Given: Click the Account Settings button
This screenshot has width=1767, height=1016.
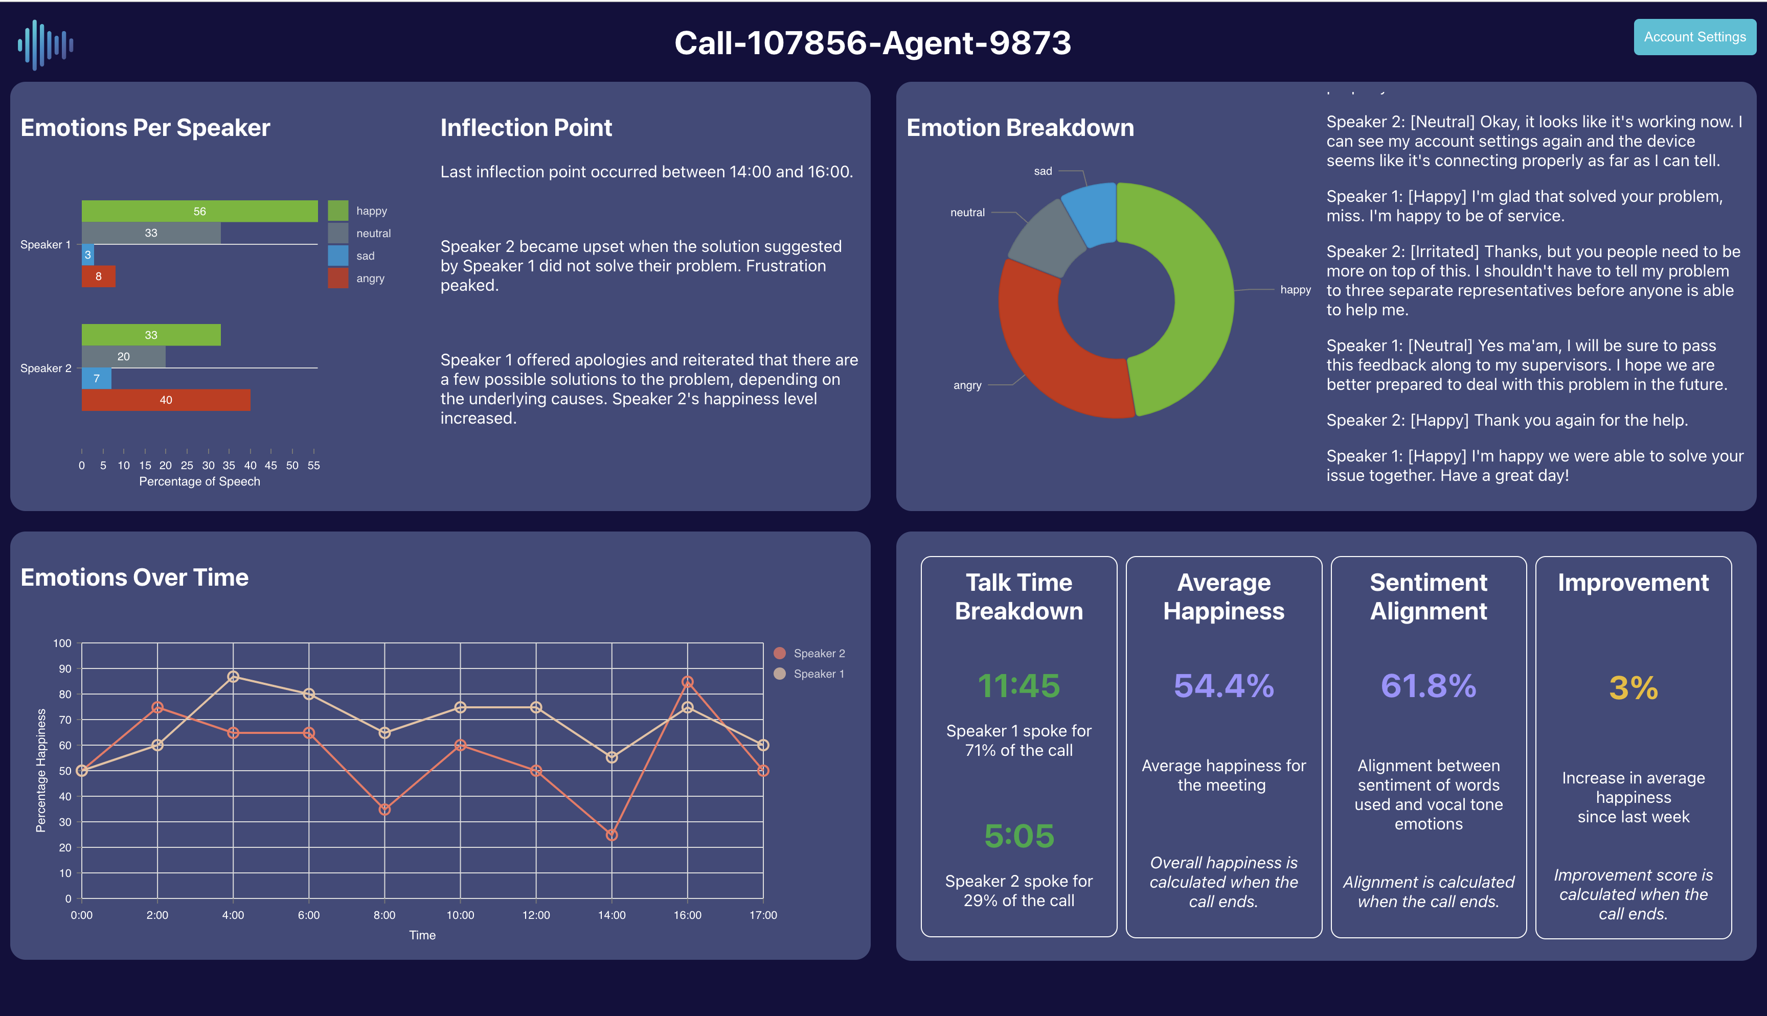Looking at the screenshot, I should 1694,37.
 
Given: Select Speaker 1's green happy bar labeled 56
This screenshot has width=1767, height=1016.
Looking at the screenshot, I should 199,211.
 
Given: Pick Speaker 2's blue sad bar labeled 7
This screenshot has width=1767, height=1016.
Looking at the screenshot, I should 96,378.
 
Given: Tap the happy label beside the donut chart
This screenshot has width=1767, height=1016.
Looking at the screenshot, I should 1295,290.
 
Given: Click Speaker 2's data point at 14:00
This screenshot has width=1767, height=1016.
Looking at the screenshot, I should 611,835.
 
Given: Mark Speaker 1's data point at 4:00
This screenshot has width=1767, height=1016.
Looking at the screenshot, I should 233,677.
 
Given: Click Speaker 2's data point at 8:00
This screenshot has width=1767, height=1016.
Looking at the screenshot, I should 384,810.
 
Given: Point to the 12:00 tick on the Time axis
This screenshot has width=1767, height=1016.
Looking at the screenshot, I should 536,915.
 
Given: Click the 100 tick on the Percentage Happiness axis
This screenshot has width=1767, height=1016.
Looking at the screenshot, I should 62,643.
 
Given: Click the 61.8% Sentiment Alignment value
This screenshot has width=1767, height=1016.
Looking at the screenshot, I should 1428,685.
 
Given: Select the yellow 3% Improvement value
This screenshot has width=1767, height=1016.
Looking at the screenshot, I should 1633,688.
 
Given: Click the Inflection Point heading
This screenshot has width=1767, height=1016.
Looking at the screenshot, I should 526,128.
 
